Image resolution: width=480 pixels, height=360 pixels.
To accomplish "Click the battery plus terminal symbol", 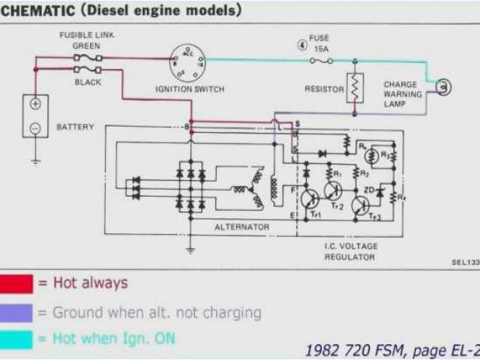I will pyautogui.click(x=35, y=104).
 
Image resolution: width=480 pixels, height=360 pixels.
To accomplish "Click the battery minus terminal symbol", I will pyautogui.click(x=35, y=128).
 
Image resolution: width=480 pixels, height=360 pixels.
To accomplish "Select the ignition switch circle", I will pyautogui.click(x=187, y=61).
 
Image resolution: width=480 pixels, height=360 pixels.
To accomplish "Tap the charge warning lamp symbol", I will pyautogui.click(x=444, y=87).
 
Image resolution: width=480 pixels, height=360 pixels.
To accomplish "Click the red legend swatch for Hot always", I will pyautogui.click(x=16, y=283).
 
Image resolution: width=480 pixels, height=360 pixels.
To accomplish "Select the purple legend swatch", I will pyautogui.click(x=16, y=312).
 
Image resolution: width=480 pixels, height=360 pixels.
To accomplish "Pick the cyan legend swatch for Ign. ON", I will pyautogui.click(x=16, y=339).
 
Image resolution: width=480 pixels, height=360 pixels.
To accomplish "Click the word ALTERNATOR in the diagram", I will pyautogui.click(x=241, y=226).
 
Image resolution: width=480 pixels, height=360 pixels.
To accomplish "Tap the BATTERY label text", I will pyautogui.click(x=76, y=127).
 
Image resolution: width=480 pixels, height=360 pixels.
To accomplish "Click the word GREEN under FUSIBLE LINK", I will pyautogui.click(x=86, y=46).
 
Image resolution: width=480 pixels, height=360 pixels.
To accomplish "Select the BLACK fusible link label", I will pyautogui.click(x=88, y=82).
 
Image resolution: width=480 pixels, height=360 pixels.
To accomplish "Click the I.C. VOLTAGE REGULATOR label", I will pyautogui.click(x=350, y=251).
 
